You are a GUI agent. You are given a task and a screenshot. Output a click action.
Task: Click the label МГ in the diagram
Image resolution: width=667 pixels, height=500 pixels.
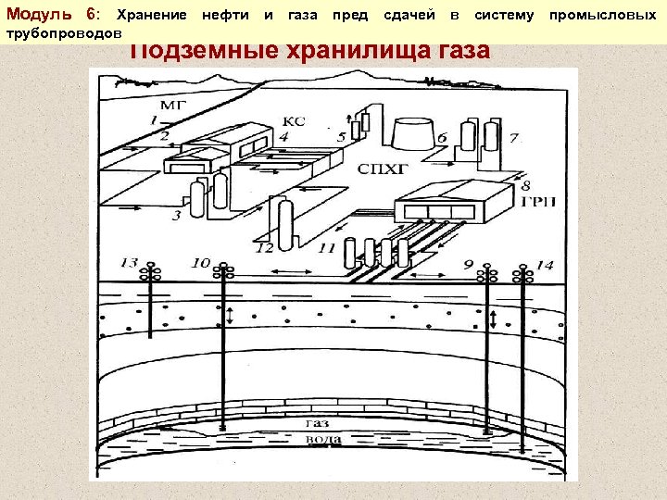(x=172, y=104)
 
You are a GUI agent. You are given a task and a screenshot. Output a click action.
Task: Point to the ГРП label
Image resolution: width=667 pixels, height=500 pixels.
(x=537, y=203)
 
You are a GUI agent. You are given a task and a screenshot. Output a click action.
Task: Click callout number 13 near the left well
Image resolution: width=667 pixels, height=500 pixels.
(x=128, y=264)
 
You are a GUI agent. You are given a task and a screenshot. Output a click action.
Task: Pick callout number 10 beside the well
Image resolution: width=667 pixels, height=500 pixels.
(x=200, y=263)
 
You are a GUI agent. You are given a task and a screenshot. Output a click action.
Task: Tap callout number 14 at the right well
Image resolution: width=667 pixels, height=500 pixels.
(x=545, y=265)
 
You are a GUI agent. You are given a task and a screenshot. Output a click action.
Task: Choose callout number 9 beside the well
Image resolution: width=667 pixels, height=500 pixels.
(x=468, y=265)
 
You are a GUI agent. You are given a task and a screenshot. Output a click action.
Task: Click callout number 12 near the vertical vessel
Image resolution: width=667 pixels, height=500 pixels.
(x=265, y=247)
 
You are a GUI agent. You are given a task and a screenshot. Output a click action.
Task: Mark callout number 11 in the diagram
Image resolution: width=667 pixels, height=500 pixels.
(x=326, y=247)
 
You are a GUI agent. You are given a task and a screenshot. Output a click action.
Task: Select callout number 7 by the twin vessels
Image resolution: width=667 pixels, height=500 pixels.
(x=513, y=139)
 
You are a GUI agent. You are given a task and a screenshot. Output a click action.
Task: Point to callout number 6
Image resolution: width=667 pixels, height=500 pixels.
(x=442, y=138)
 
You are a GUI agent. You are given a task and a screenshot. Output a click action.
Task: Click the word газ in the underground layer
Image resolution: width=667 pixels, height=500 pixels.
(x=315, y=422)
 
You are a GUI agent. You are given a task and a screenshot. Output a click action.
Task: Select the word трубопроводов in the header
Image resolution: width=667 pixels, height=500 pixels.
(x=64, y=32)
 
